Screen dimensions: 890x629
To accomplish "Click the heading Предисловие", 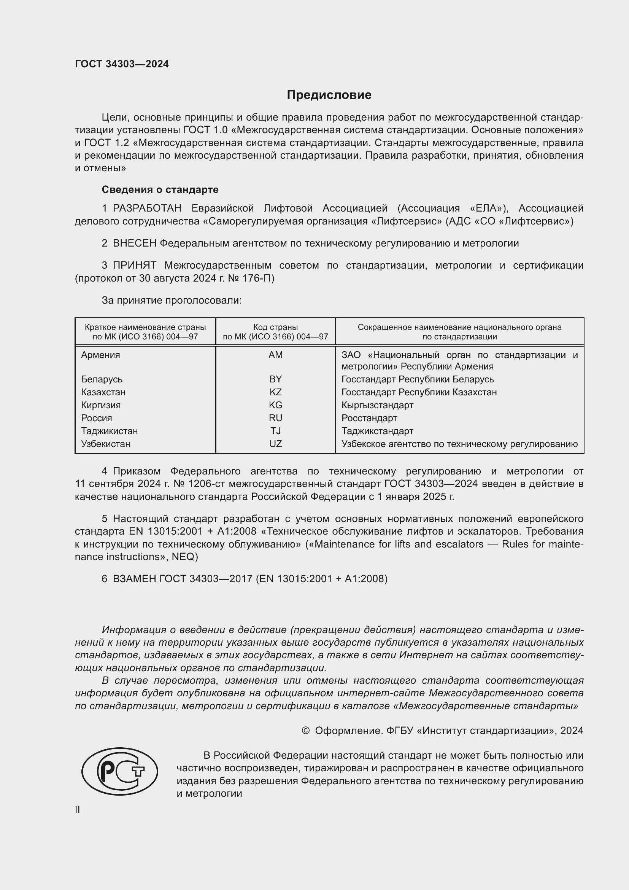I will [329, 95].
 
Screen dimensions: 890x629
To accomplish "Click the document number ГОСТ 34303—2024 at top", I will [122, 64].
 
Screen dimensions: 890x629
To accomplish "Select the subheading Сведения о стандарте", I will [160, 189].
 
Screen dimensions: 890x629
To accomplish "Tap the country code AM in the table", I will [275, 355].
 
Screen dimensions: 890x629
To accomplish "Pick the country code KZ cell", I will [275, 392].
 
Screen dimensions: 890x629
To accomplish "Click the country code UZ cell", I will [275, 444].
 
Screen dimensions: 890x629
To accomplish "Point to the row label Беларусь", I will [102, 379].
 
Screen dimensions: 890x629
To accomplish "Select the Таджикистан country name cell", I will [109, 431].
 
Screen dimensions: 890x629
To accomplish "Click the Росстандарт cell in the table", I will [369, 418].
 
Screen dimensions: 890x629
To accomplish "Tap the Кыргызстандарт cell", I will [377, 405].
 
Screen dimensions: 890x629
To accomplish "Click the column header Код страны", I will [275, 327].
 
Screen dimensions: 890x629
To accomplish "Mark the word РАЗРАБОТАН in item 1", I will [147, 209].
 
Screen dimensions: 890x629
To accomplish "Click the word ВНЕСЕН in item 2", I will [134, 244].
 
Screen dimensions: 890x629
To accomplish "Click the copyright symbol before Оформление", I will [305, 731].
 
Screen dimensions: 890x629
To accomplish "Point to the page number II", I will [78, 809].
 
